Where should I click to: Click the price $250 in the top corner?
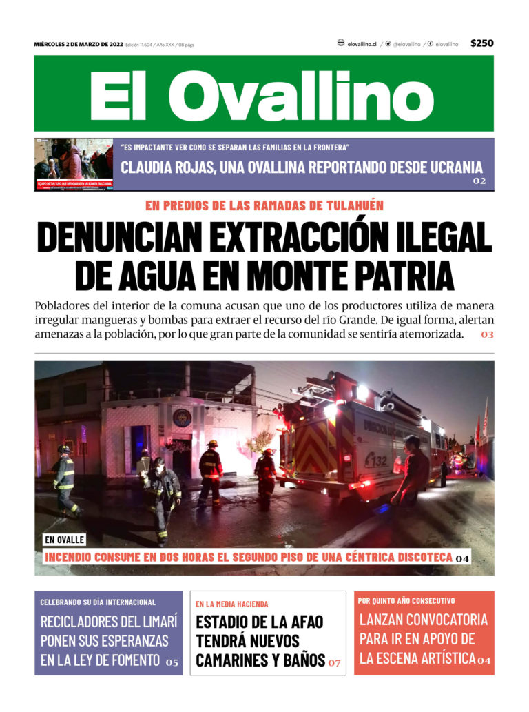pos(481,43)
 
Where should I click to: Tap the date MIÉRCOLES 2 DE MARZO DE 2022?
pos(79,45)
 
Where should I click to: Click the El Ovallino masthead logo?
pos(263,94)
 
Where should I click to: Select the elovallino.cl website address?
pos(362,44)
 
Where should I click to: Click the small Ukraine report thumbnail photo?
pos(74,164)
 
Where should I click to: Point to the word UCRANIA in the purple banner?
pos(448,167)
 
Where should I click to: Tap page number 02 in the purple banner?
pos(479,181)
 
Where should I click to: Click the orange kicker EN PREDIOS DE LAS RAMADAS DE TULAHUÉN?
pos(264,205)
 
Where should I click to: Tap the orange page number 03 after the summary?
pos(487,335)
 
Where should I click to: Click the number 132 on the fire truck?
pos(376,460)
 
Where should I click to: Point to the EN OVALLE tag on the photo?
pos(64,540)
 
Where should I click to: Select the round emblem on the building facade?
pos(182,418)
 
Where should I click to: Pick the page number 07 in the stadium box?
pos(334,662)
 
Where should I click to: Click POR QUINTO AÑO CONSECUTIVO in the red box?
pos(406,600)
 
